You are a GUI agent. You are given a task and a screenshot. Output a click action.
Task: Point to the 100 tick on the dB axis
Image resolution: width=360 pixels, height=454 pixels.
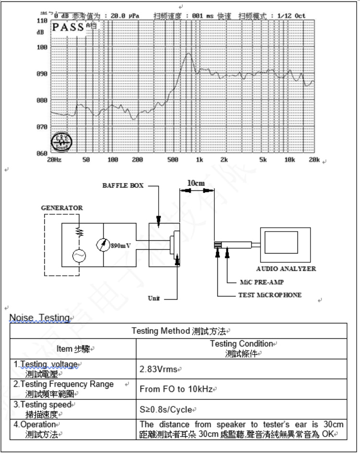pyautogui.click(x=42, y=48)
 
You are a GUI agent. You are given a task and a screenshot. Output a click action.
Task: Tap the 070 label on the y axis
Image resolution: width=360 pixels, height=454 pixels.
pyautogui.click(x=42, y=127)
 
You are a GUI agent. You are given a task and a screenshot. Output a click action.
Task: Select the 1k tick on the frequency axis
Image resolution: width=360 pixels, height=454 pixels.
pyautogui.click(x=199, y=160)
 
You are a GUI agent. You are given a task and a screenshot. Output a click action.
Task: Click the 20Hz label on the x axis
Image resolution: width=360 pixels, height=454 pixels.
pyautogui.click(x=53, y=160)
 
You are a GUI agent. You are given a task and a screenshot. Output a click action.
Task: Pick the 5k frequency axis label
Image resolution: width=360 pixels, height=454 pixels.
pyautogui.click(x=262, y=160)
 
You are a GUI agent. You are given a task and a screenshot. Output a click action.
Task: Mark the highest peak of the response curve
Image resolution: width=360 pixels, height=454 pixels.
pyautogui.click(x=188, y=53)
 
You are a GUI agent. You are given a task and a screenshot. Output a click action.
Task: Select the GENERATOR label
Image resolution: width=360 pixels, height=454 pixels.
pyautogui.click(x=62, y=208)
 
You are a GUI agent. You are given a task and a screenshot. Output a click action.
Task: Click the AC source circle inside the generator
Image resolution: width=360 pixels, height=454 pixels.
pyautogui.click(x=79, y=256)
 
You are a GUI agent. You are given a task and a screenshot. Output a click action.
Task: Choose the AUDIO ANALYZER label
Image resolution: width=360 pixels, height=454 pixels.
pyautogui.click(x=286, y=269)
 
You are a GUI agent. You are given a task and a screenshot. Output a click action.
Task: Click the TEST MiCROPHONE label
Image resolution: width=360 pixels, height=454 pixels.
pyautogui.click(x=270, y=295)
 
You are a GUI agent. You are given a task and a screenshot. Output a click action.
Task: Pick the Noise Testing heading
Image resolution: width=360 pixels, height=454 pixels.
pyautogui.click(x=40, y=318)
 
